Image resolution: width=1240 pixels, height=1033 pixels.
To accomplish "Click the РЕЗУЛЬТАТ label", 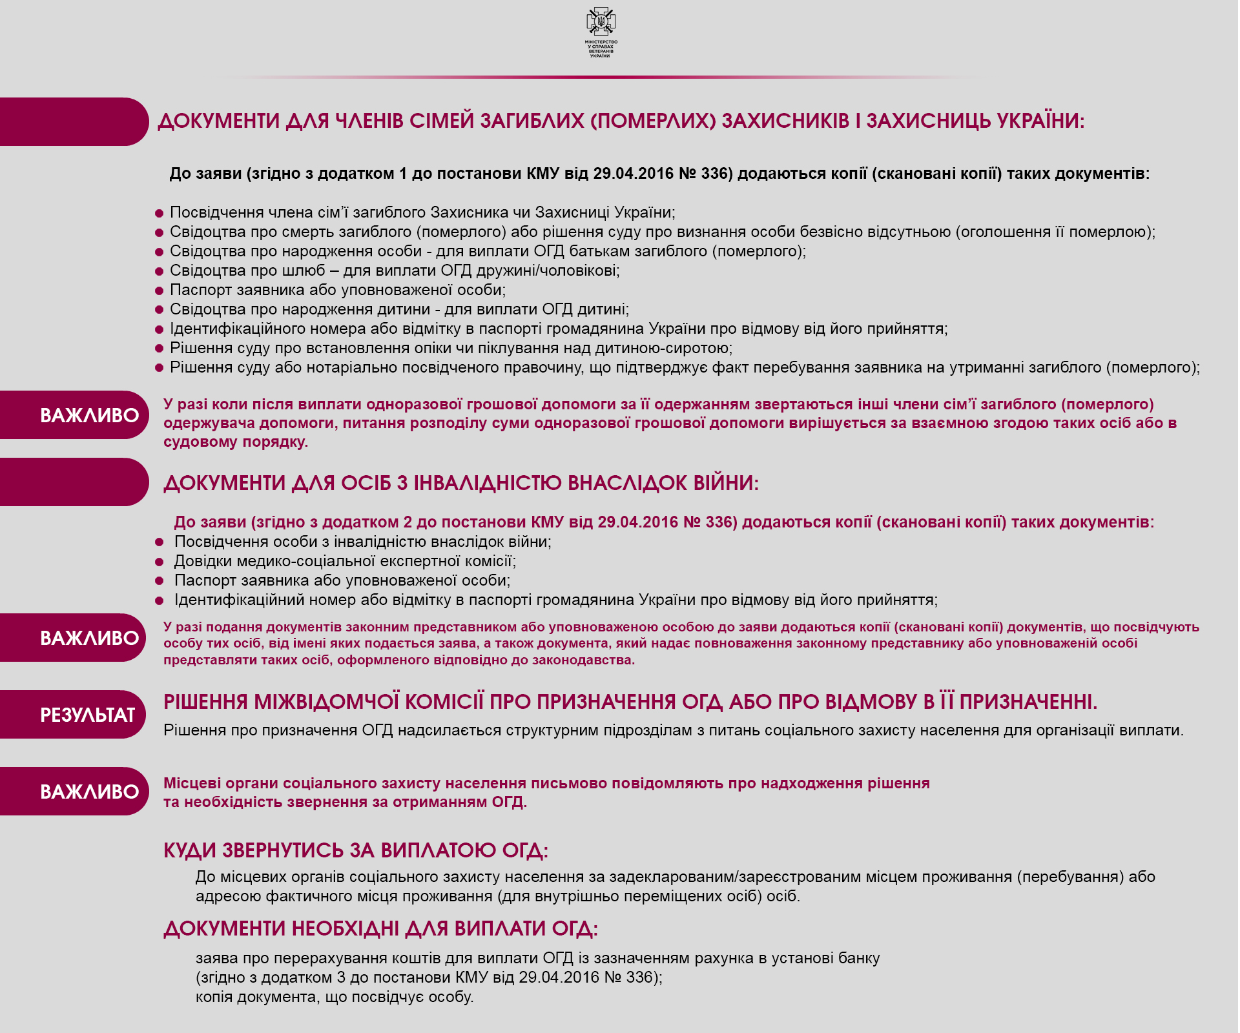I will [87, 715].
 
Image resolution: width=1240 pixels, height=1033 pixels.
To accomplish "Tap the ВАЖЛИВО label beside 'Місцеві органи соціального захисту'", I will [89, 792].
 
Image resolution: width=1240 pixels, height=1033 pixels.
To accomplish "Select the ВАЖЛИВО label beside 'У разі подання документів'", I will [89, 638].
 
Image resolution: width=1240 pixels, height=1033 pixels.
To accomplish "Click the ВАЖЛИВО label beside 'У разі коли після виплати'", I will [89, 415].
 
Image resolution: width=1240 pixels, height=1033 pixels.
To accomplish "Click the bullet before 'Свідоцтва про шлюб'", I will [159, 271].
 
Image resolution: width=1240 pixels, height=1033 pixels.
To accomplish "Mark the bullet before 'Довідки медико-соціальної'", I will [159, 562].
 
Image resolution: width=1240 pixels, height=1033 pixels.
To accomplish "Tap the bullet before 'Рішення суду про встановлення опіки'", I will [159, 349].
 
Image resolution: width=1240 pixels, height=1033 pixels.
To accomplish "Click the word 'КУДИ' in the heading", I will [190, 851].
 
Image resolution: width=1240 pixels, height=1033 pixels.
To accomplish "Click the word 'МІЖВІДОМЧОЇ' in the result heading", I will [325, 702].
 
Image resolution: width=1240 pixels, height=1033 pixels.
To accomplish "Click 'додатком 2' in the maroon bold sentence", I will [367, 522].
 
